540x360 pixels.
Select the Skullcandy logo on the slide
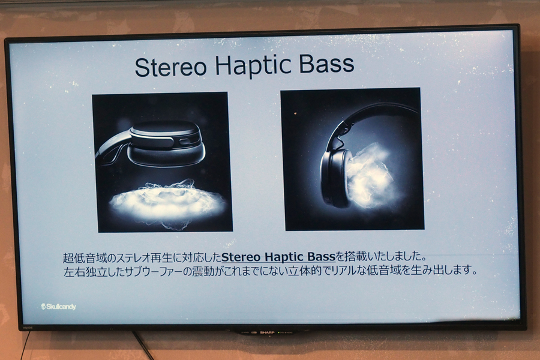pos(58,307)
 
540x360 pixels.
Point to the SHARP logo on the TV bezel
pos(267,332)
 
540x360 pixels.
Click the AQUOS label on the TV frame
pos(27,328)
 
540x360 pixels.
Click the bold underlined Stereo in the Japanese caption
pos(241,257)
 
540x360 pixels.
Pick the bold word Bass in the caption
pos(322,257)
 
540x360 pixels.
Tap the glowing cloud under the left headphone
pos(167,203)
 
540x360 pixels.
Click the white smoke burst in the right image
pos(371,176)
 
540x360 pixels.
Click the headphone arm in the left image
pos(112,149)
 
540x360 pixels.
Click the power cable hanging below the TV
pos(143,344)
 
